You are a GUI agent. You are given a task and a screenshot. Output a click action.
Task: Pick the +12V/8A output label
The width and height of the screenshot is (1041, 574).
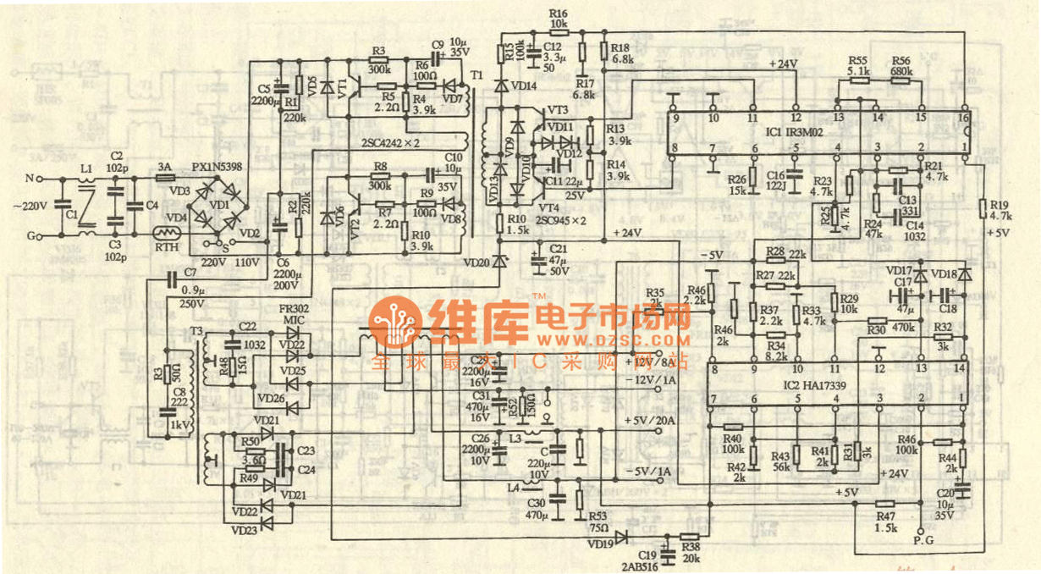[x=652, y=363]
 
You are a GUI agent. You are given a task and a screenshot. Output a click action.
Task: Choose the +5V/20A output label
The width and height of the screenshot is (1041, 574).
[x=652, y=421]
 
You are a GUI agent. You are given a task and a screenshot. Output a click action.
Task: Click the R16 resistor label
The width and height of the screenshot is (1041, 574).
[x=558, y=13]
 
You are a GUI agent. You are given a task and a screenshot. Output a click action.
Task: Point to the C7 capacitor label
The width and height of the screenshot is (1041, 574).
[x=189, y=272]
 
